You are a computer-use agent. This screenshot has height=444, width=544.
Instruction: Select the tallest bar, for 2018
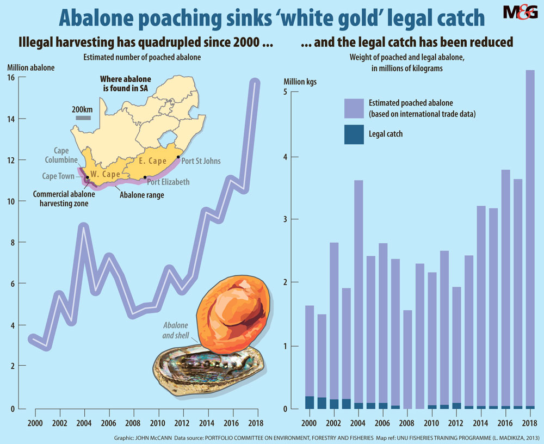tap(529, 239)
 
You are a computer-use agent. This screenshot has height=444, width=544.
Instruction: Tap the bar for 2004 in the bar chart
tap(358, 294)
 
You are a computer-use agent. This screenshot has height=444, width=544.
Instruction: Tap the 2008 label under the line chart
tap(133, 422)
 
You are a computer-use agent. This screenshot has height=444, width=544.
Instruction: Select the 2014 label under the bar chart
tap(480, 422)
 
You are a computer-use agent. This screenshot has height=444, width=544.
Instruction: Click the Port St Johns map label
tap(201, 161)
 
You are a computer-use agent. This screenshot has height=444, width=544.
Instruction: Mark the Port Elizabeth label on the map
tap(168, 182)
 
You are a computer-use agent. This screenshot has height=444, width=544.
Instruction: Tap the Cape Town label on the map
tap(58, 176)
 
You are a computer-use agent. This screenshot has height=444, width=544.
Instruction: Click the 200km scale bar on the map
tap(83, 118)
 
